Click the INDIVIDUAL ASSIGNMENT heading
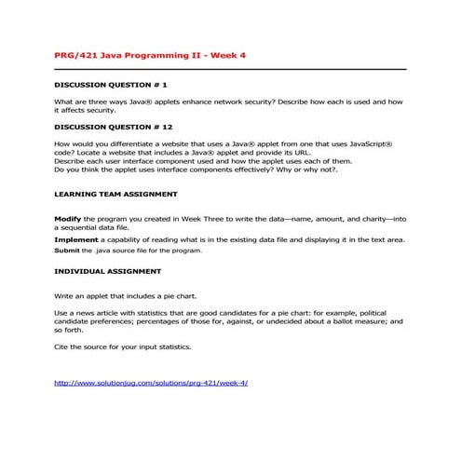[x=108, y=271]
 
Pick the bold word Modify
[x=68, y=218]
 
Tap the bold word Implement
[x=75, y=239]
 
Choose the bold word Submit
[x=67, y=251]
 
